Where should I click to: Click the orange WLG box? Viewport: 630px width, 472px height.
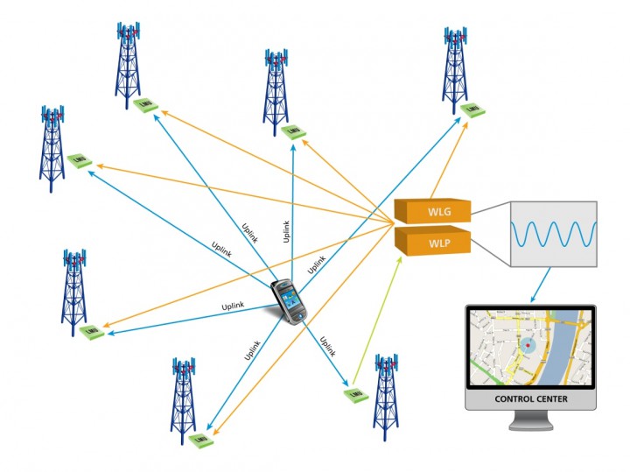coord(433,211)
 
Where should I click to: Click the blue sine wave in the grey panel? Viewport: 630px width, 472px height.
coord(553,235)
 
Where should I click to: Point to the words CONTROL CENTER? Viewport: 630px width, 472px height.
coord(529,399)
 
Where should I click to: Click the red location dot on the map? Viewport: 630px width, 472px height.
coord(528,346)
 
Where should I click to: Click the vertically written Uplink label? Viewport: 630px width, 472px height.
coord(286,231)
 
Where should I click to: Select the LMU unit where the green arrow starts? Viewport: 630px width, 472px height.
coord(353,393)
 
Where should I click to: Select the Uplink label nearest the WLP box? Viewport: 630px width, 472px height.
coord(317,263)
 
